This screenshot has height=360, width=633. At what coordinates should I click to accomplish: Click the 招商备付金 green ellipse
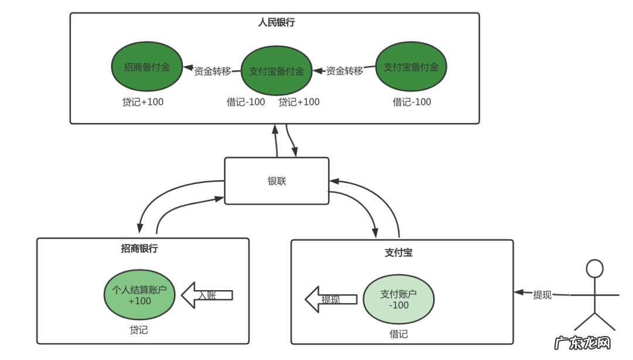(147, 67)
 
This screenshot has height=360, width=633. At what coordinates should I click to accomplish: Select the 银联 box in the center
(277, 181)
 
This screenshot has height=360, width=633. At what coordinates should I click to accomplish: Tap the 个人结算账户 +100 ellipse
(139, 296)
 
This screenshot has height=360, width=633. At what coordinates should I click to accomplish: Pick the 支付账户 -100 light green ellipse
(399, 300)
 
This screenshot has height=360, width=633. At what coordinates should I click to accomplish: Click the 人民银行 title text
(276, 23)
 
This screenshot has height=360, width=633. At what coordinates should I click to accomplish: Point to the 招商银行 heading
(139, 248)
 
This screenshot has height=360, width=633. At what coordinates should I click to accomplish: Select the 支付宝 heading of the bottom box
(399, 253)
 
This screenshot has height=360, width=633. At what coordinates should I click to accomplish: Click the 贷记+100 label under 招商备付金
(142, 102)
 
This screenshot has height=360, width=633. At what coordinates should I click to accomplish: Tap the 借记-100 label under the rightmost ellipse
(411, 102)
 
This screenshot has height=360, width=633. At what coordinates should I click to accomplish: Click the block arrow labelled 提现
(331, 299)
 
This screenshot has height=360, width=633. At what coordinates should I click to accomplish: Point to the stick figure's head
(594, 269)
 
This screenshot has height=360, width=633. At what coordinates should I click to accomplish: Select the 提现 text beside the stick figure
(542, 295)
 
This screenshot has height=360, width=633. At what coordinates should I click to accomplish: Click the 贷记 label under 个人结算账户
(139, 330)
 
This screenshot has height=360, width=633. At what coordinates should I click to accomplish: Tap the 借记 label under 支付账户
(399, 334)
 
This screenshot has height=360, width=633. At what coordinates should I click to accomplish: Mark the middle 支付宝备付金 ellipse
(277, 71)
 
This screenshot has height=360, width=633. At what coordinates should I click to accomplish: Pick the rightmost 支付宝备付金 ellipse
(411, 67)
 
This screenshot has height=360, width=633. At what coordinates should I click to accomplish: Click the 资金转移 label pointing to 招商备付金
(213, 71)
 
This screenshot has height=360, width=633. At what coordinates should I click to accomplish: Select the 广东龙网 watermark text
(583, 342)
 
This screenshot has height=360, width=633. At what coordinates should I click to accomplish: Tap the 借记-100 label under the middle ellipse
(246, 102)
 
